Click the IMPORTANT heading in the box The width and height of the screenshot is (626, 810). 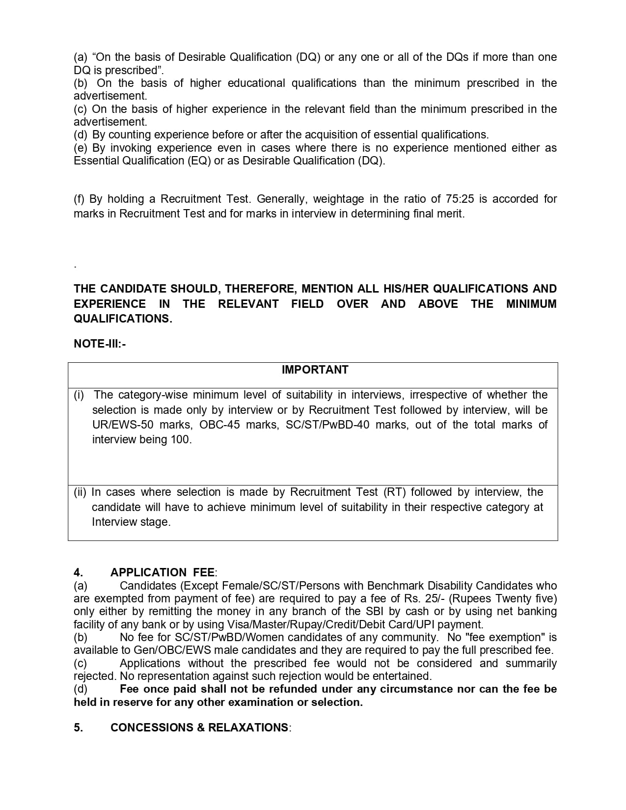315,370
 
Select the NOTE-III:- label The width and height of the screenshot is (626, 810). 100,344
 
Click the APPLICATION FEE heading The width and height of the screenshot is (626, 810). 163,572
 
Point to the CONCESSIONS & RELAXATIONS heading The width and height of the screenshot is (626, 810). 199,728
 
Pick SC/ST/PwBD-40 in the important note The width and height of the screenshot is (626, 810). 327,425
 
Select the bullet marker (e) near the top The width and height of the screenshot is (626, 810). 81,148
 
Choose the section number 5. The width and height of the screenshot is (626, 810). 79,728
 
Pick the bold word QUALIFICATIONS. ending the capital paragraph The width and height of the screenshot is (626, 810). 123,319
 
